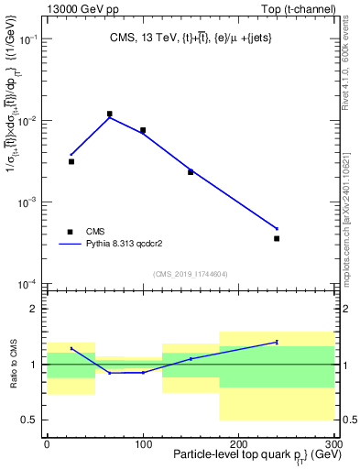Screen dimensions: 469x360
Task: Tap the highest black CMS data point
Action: click(109, 115)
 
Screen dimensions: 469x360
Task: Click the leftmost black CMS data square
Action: click(71, 161)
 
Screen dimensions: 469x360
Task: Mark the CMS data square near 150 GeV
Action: click(191, 171)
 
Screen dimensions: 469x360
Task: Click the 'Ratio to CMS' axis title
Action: click(13, 365)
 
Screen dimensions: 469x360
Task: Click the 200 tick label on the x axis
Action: click(238, 444)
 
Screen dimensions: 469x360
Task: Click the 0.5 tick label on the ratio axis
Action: click(30, 420)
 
